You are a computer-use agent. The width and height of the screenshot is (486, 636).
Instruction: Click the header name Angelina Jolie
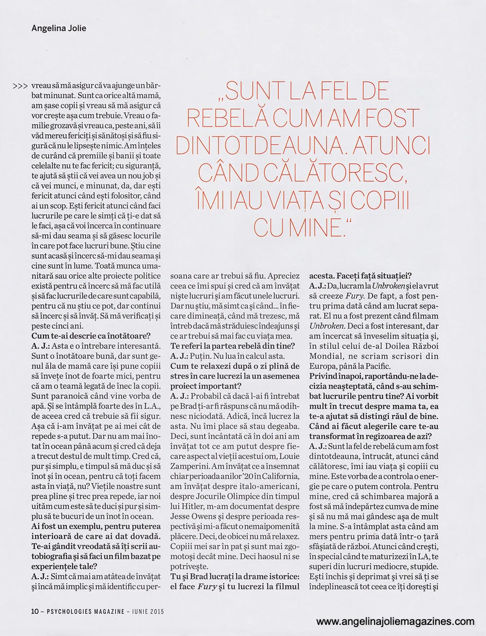58,29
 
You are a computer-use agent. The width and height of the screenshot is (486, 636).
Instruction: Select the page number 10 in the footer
34,611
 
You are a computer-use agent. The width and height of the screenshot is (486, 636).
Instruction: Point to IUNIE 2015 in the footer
146,611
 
